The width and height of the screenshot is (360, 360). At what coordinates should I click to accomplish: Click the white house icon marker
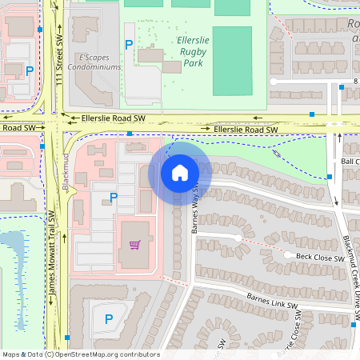[x=180, y=172]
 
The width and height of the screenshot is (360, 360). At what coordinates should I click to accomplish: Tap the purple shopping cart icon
[x=134, y=245]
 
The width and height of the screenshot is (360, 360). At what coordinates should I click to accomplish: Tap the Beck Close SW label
[x=320, y=257]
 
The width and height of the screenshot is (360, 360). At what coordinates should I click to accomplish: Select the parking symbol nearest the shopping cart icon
[x=114, y=197]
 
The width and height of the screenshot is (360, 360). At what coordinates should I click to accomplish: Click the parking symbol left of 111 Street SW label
[x=30, y=70]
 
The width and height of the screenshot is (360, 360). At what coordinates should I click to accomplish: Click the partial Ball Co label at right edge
[x=350, y=161]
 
